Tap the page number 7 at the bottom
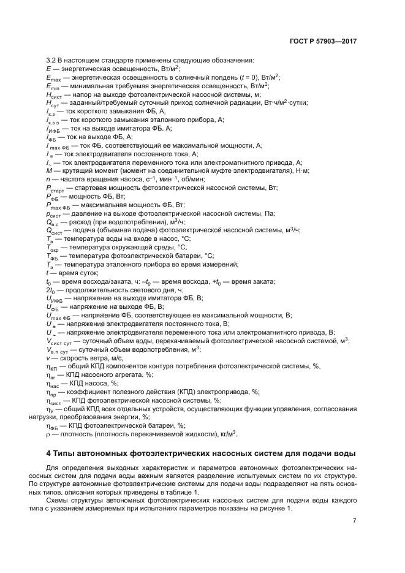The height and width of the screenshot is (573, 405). [354, 521]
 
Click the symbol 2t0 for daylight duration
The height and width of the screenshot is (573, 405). [51, 289]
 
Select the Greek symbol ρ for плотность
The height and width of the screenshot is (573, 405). [48, 434]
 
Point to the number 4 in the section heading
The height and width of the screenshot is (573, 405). [49, 454]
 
